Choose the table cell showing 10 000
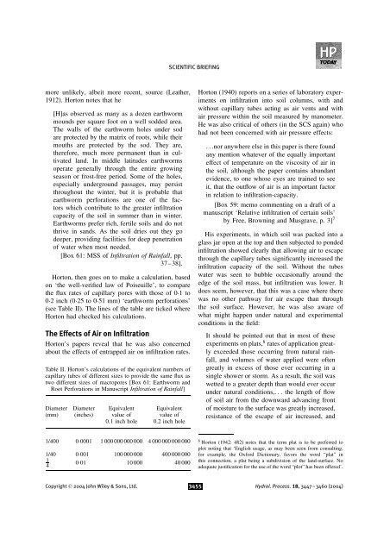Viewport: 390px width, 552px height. point(112,488)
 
